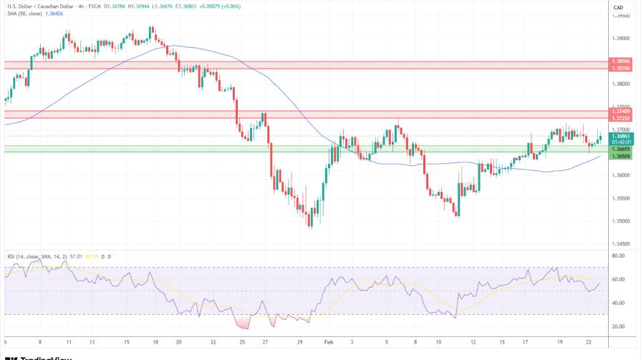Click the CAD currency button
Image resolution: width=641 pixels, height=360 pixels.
(619, 7)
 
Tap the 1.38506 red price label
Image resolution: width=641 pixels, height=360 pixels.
(620, 62)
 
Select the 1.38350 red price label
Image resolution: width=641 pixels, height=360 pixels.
(620, 68)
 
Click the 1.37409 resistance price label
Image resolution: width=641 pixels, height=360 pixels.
(620, 111)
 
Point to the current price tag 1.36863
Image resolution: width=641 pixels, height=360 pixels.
(620, 135)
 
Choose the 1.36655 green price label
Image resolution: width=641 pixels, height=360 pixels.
(620, 149)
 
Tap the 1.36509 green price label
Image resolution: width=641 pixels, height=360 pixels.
(620, 156)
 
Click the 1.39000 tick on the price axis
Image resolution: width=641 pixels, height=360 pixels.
(620, 38)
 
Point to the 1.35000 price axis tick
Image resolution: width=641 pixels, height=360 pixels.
(620, 221)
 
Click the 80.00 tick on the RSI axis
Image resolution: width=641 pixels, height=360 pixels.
(620, 256)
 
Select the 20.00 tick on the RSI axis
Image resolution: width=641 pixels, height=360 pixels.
(620, 326)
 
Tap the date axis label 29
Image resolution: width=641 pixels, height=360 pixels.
(300, 343)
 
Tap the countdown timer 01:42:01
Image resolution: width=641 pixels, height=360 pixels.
(620, 142)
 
